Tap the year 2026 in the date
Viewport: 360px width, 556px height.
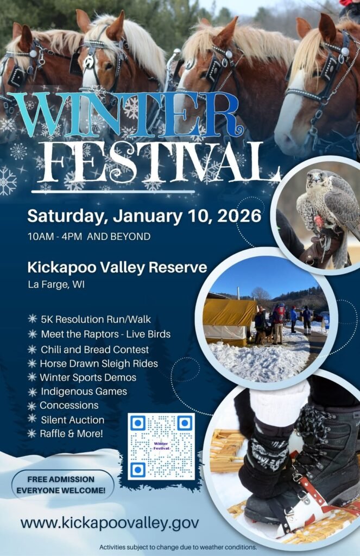237,216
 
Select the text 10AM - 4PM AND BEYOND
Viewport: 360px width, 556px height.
89,237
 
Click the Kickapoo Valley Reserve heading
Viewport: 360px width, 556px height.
117,267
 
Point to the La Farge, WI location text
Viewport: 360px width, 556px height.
56,284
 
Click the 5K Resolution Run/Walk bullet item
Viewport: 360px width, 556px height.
96,319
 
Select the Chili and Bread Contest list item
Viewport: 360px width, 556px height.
94,349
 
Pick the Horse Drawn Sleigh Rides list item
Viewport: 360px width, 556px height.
99,363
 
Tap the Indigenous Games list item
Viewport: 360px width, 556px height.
83,391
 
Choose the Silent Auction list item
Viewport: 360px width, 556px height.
72,420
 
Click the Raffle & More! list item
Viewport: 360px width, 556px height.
71,433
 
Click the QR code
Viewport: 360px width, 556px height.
161,446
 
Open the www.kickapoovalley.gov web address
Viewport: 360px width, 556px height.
110,523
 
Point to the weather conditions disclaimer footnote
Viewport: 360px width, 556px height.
178,547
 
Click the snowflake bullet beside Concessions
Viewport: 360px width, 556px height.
32,406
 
